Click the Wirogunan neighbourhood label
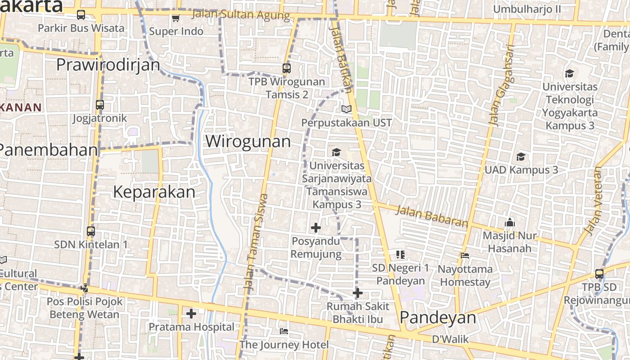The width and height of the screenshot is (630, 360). pos(248,141)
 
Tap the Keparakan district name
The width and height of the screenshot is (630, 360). pos(154,192)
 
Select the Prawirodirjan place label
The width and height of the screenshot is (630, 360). pos(108,65)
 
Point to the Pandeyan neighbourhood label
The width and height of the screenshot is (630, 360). pos(437,318)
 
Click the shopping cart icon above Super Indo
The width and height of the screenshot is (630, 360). pos(175,18)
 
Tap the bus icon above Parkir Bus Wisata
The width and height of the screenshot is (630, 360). pos(81,15)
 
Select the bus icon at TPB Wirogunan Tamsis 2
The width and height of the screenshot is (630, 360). pos(287,68)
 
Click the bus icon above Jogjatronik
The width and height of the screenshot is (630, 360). pos(100,105)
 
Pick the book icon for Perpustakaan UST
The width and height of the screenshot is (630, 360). pos(346,109)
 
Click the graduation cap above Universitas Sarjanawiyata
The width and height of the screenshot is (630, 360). pos(336,153)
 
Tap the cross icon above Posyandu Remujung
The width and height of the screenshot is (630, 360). pos(316,228)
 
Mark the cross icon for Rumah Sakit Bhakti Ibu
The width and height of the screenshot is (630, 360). pos(358,293)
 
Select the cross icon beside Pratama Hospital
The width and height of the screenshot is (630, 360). pos(191,314)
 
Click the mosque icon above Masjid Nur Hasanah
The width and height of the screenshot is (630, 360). pos(509,222)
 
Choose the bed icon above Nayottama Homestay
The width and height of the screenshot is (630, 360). pos(465,256)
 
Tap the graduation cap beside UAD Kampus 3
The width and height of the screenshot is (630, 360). pos(521,157)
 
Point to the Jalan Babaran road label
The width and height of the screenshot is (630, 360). pos(432,216)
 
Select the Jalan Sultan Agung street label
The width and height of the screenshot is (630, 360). pos(241,15)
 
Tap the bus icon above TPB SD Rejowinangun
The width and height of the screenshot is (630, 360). pos(599,274)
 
